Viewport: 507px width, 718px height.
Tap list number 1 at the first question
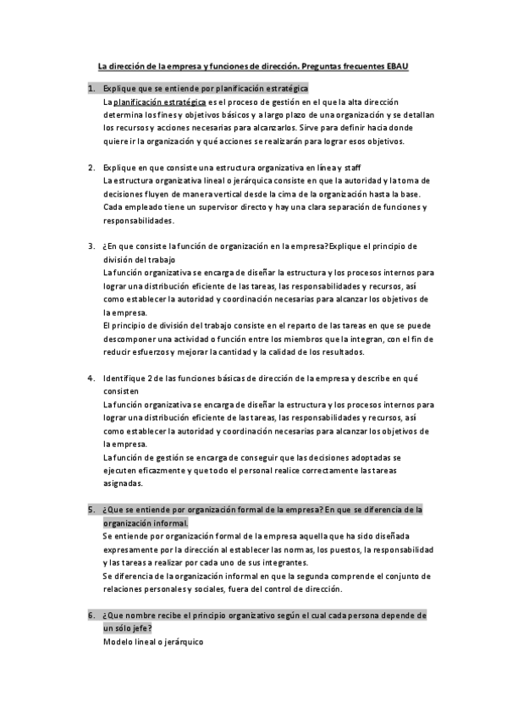pos(91,88)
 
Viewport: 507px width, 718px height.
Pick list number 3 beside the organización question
pos(91,246)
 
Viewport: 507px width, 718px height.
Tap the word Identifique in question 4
pos(125,378)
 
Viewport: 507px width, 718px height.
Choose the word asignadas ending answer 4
pos(123,484)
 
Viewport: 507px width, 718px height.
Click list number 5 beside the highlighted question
pos(91,511)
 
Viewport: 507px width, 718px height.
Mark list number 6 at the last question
pos(91,616)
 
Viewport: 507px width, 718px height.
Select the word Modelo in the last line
pos(118,642)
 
